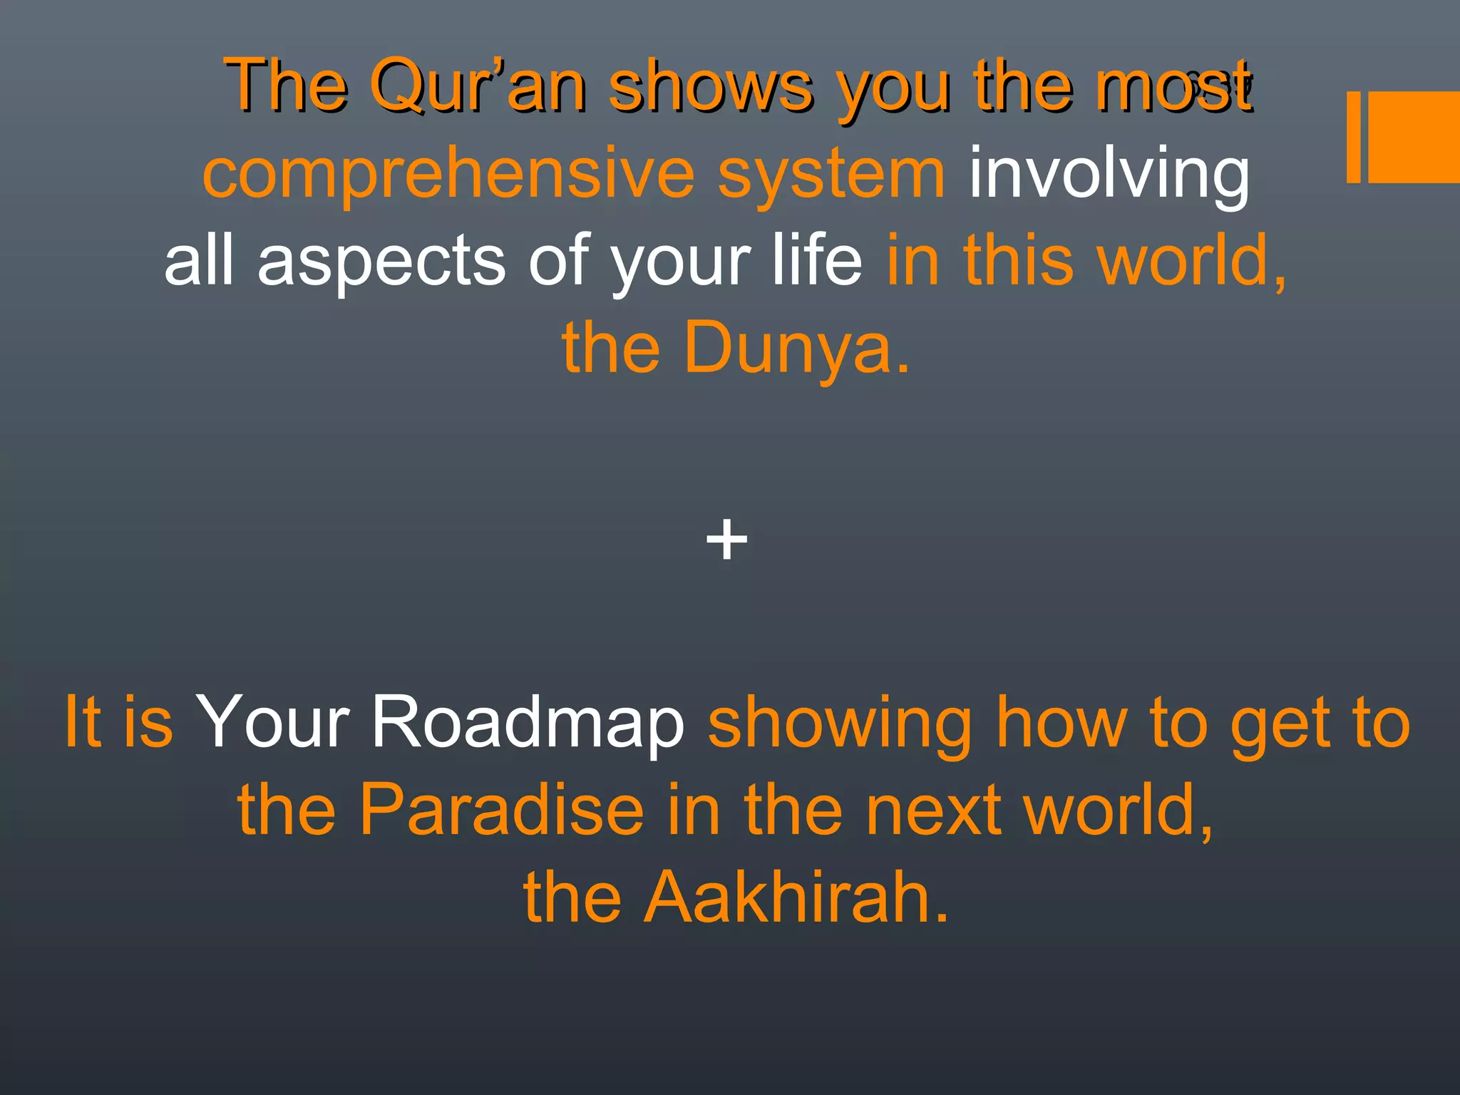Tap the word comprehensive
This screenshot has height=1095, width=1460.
coord(448,175)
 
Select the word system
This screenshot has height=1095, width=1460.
coord(831,175)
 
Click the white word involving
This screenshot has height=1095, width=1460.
coord(1109,175)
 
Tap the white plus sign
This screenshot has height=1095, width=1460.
coord(726,540)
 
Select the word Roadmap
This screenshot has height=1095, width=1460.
coord(528,721)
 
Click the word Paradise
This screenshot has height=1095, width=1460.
coord(502,809)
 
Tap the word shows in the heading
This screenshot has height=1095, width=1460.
coord(711,87)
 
